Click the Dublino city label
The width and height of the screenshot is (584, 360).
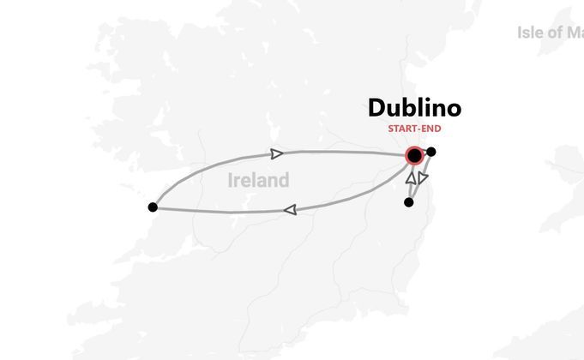(x=414, y=108)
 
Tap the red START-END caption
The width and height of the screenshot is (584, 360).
(x=414, y=129)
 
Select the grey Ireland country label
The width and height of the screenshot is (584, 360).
(x=259, y=181)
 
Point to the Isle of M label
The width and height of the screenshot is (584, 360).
(x=551, y=33)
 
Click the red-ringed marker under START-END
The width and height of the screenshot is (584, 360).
(x=415, y=155)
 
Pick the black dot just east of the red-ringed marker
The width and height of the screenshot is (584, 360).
(x=431, y=153)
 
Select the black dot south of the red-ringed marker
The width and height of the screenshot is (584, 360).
(x=408, y=202)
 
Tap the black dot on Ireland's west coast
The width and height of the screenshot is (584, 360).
(x=153, y=207)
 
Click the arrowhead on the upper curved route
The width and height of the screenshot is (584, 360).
(x=276, y=154)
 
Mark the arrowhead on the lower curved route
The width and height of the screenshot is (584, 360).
(x=291, y=209)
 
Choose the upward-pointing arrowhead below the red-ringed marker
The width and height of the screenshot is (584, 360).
(x=412, y=178)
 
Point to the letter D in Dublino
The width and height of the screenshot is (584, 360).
(x=377, y=108)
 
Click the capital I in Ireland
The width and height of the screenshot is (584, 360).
(x=232, y=181)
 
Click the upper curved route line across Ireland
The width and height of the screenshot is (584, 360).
(x=343, y=152)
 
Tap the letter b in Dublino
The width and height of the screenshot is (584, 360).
(x=411, y=108)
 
